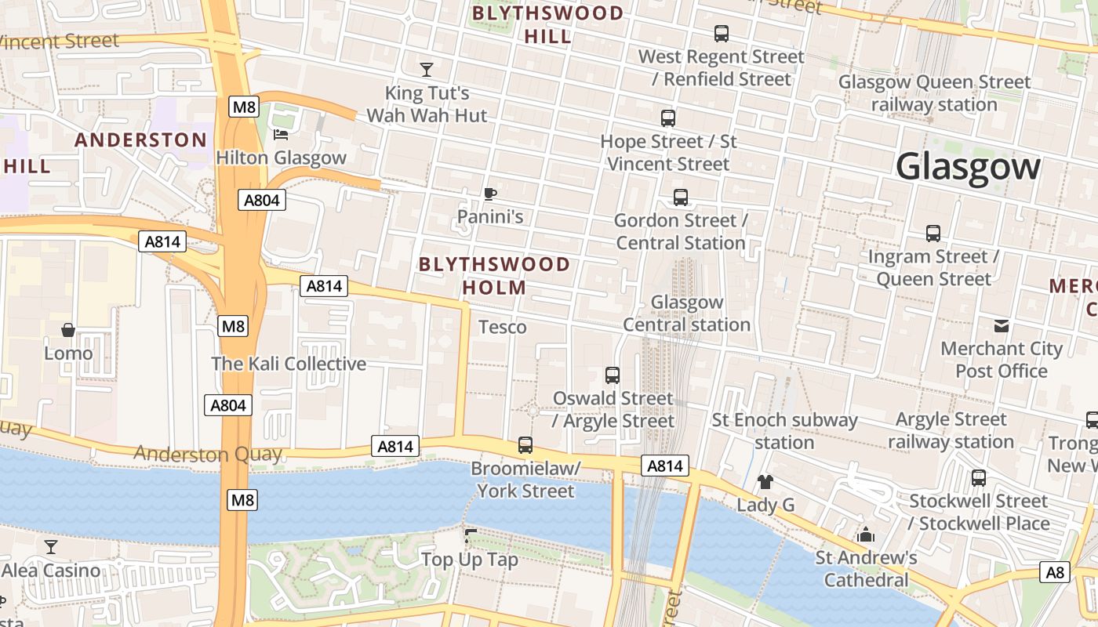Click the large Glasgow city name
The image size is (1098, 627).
coord(968,167)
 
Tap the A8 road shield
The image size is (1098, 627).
coord(1055,572)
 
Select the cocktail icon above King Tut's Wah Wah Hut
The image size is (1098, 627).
coord(427,70)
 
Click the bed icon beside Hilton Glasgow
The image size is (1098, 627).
coord(280,134)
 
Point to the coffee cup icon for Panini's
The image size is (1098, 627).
coord(490,194)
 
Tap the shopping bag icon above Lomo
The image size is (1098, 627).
coord(68,330)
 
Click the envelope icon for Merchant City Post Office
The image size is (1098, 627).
coord(1002,326)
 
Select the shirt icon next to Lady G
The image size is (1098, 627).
coord(765,481)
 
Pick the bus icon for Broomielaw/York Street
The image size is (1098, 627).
coord(525,445)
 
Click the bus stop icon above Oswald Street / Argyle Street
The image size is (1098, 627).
coord(613,375)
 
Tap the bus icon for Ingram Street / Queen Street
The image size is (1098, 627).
coord(933,234)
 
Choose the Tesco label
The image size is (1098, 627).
coord(502,327)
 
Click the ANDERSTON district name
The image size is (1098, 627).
coord(141,140)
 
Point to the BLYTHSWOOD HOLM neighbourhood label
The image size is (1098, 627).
coord(494,276)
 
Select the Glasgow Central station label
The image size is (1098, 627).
coord(687,313)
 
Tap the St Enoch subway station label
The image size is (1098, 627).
coord(784,431)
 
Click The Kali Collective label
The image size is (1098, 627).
coord(289,364)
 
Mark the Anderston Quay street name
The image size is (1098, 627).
coord(207,454)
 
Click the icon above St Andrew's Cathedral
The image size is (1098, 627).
coord(866,535)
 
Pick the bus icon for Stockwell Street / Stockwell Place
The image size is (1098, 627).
coord(979,478)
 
